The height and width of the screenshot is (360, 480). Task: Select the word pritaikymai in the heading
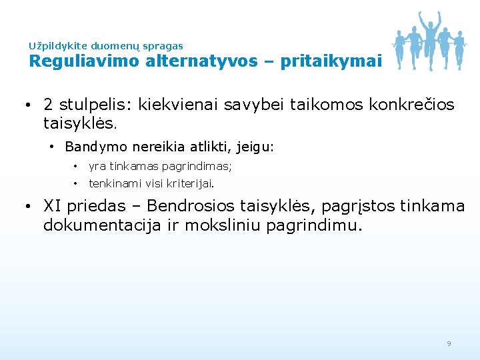(x=331, y=61)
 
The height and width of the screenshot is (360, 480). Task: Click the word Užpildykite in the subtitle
(x=57, y=46)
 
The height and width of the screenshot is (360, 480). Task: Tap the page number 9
(x=449, y=343)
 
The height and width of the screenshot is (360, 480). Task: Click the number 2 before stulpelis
(x=49, y=105)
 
